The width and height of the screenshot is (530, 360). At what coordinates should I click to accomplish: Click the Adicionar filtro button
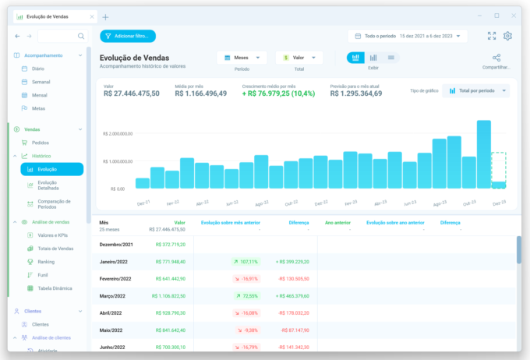click(128, 36)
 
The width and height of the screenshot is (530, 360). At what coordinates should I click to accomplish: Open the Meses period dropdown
click(242, 57)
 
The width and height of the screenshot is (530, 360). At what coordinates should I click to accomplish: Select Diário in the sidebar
click(39, 69)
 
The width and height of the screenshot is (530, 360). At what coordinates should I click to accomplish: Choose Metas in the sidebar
click(38, 108)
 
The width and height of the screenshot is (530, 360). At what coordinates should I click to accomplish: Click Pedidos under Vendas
click(41, 143)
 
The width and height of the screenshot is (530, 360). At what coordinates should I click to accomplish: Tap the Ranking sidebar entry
click(46, 262)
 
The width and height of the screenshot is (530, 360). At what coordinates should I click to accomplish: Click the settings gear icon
click(507, 36)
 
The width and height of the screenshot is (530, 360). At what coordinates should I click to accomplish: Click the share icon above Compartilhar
click(496, 58)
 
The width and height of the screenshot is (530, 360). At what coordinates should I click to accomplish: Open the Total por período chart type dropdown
click(475, 91)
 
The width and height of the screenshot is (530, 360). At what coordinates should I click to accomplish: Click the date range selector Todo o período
click(408, 36)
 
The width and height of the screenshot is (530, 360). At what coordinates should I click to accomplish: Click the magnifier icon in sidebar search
click(81, 36)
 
